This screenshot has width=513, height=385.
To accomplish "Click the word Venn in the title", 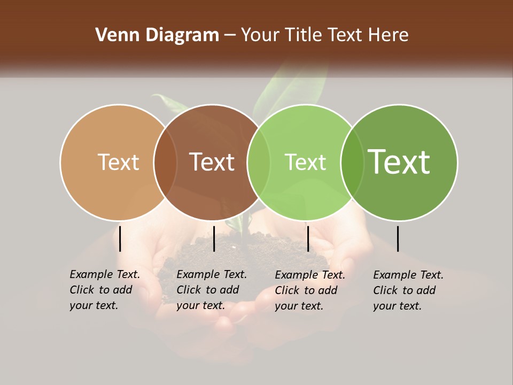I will click(113, 35).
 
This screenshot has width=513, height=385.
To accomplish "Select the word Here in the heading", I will click(388, 35).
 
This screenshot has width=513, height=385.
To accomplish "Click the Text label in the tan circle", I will click(118, 162).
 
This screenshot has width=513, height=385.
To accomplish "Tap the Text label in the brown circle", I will click(212, 162).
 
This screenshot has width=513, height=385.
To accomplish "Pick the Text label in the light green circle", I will click(305, 162).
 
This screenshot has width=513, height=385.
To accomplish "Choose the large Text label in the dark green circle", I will click(399, 161).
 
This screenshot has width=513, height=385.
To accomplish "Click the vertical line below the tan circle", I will click(120, 238).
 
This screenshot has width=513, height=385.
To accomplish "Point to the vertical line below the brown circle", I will click(214, 238).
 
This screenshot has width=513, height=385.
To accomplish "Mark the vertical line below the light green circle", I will click(308, 238).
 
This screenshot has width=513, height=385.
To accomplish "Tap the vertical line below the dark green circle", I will click(398, 238).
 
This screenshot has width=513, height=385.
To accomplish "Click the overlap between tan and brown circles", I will click(165, 162).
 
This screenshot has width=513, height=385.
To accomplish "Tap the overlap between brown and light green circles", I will click(259, 162).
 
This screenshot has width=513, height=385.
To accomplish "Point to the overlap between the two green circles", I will click(352, 162).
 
